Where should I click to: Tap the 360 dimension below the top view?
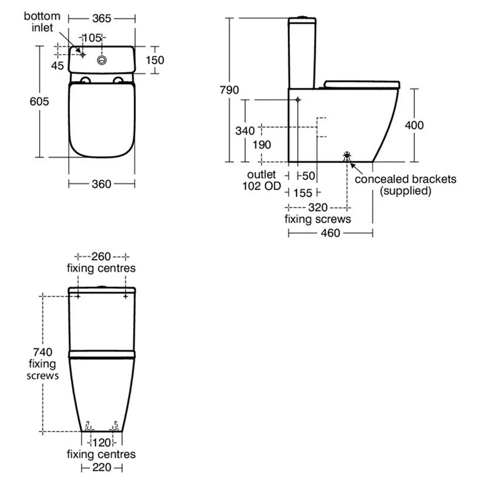[101, 185]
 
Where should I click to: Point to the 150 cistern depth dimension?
[155, 61]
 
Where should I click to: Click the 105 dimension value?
[91, 38]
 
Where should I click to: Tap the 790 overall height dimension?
[230, 90]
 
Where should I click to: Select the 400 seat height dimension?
[414, 125]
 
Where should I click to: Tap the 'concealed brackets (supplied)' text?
[406, 185]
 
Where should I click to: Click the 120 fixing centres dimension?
[101, 442]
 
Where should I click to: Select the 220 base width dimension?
[101, 468]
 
